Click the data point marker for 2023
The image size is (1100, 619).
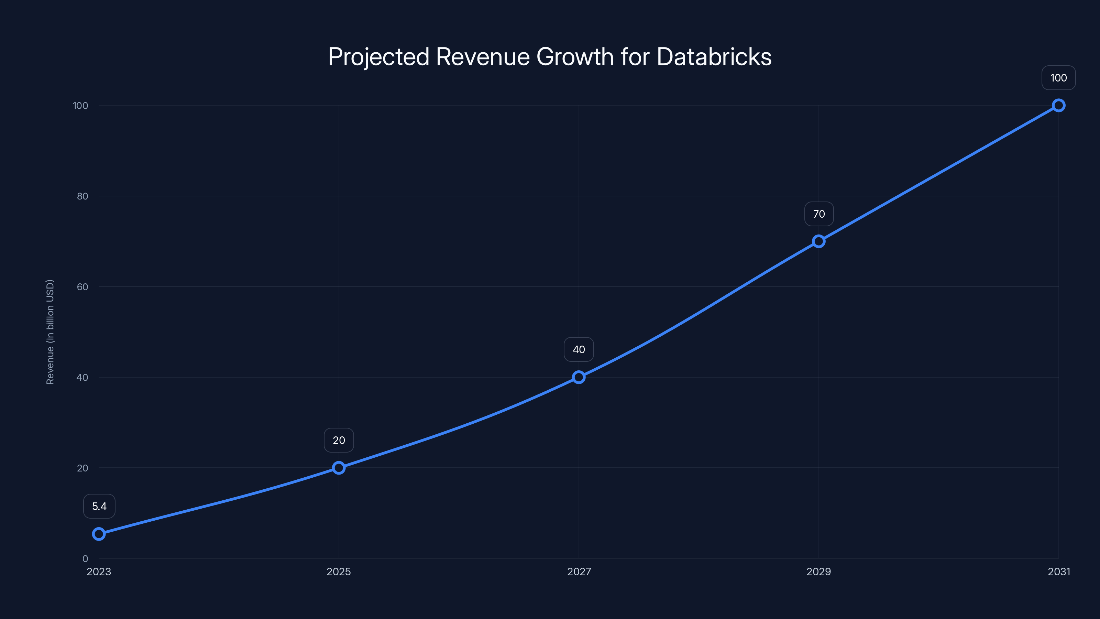(99, 534)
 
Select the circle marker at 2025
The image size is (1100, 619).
(339, 468)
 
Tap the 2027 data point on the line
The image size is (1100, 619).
(579, 377)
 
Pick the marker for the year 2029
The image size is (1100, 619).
(818, 241)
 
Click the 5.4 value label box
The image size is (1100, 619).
(99, 506)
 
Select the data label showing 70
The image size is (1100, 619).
(818, 214)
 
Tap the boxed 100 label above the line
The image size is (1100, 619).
(1058, 78)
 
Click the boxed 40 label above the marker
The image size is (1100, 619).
(579, 349)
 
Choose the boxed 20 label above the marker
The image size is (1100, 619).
(339, 440)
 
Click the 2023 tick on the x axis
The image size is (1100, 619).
(99, 572)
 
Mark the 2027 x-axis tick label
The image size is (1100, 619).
(579, 572)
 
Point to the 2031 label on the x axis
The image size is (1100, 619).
(1059, 572)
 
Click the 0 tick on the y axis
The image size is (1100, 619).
(85, 559)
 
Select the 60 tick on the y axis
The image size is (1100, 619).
(82, 287)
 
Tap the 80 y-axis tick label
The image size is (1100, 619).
(82, 196)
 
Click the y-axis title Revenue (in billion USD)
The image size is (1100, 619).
(50, 332)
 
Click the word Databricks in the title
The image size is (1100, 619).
(714, 57)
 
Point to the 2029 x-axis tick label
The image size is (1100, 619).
(818, 572)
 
